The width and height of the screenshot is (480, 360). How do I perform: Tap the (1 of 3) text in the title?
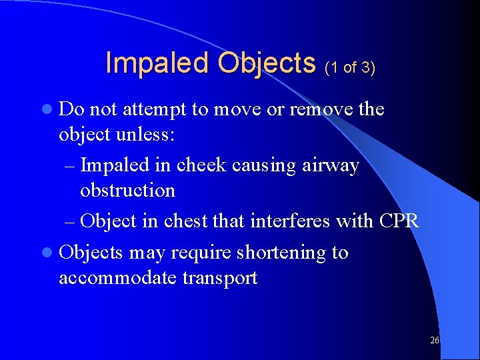(x=350, y=67)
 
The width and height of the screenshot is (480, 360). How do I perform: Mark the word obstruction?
(x=127, y=191)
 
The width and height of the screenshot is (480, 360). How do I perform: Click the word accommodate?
(x=117, y=278)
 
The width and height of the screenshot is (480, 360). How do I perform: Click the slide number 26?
(x=434, y=341)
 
